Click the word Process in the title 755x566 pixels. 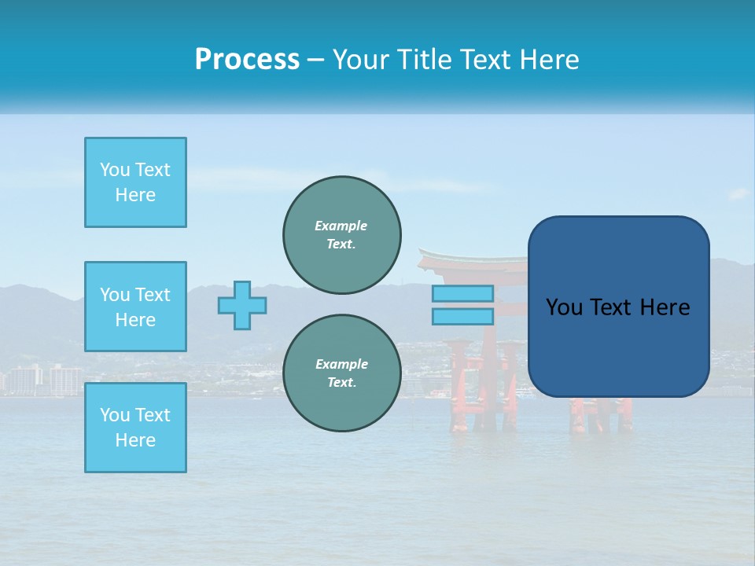pos(247,60)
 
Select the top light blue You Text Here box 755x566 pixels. pos(135,182)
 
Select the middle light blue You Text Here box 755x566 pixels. pos(135,307)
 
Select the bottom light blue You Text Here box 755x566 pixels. pos(135,428)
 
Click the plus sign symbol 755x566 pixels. pos(242,305)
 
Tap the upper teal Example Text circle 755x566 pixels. pos(341,234)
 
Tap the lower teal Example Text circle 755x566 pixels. pos(341,373)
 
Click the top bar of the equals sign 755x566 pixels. pos(463,293)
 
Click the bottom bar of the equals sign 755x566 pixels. pos(463,316)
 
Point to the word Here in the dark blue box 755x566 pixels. pos(665,307)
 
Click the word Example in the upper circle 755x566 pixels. pos(341,226)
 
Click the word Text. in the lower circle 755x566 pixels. pos(341,383)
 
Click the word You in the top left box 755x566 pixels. pos(115,170)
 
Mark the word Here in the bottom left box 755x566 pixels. pos(135,440)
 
